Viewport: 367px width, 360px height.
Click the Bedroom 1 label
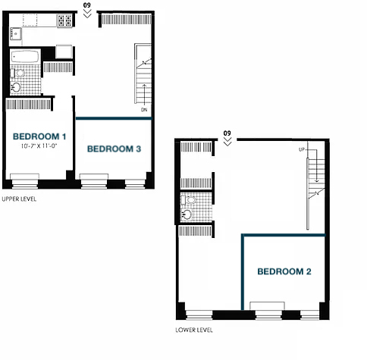click(x=39, y=136)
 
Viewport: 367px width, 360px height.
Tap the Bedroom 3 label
click(x=114, y=149)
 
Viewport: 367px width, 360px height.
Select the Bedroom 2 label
click(x=284, y=271)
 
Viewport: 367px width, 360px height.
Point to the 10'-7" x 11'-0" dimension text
click(x=39, y=146)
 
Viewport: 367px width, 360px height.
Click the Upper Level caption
click(x=19, y=199)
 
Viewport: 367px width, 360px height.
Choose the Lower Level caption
click(x=194, y=330)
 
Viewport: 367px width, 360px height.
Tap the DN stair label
click(x=144, y=110)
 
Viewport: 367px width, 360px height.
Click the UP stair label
click(x=302, y=149)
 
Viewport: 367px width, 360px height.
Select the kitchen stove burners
click(x=64, y=20)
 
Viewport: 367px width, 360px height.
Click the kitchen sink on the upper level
click(x=16, y=34)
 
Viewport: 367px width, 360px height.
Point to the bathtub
click(x=25, y=57)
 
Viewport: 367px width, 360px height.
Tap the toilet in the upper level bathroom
click(x=17, y=74)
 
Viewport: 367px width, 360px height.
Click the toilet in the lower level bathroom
click(x=189, y=200)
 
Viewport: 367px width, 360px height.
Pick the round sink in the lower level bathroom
click(x=187, y=214)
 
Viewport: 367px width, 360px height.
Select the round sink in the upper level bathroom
click(x=16, y=87)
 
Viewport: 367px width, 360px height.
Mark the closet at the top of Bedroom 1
click(x=28, y=105)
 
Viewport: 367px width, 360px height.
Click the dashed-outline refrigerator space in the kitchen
click(x=30, y=20)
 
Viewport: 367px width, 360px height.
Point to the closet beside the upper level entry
click(x=127, y=20)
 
